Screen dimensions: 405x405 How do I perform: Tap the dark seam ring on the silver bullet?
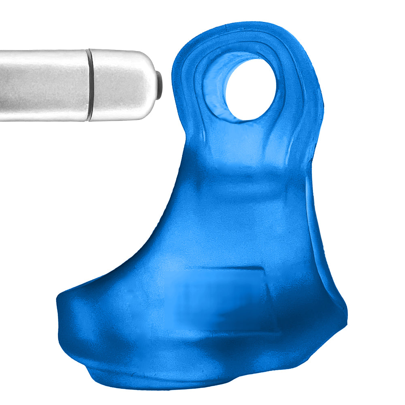click(88, 85)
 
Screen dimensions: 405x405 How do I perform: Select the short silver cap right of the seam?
click(122, 85)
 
